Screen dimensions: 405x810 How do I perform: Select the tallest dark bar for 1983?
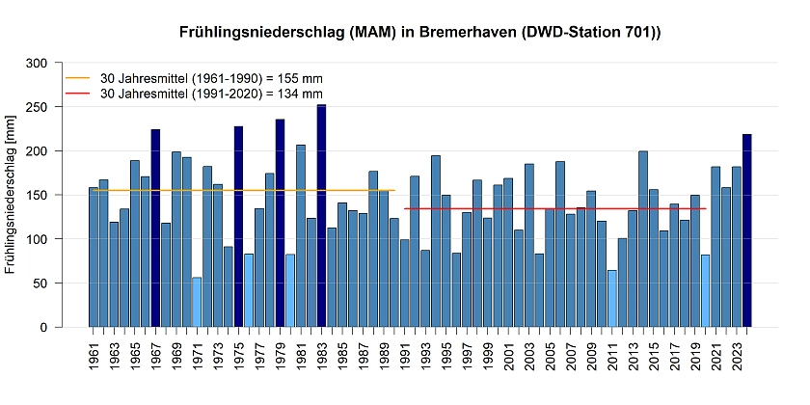(x=321, y=216)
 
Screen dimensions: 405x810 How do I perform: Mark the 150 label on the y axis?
(x=38, y=195)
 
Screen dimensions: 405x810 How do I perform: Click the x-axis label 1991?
(x=404, y=363)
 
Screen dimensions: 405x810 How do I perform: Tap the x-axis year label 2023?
(x=736, y=363)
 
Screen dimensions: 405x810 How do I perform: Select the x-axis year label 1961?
(x=94, y=363)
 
